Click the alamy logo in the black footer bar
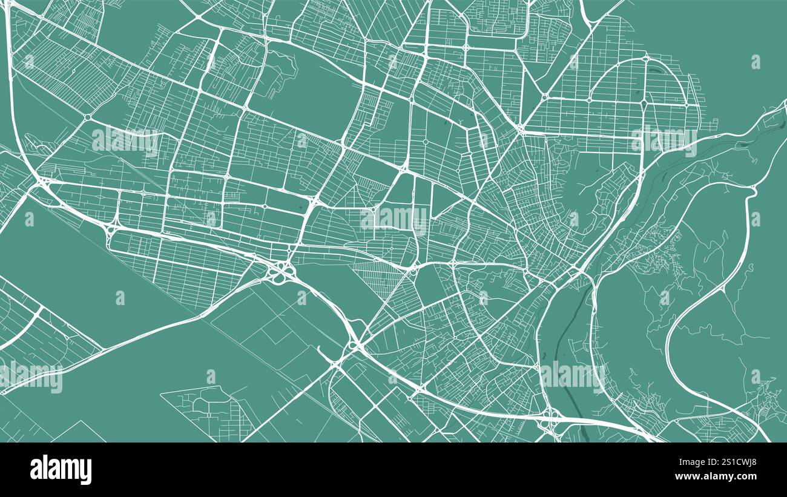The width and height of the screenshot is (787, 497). pos(61,470)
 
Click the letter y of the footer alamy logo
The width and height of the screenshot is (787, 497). pos(87,471)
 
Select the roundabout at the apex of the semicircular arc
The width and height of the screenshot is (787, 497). pos(645,59)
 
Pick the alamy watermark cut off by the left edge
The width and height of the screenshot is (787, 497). pos(30,378)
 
